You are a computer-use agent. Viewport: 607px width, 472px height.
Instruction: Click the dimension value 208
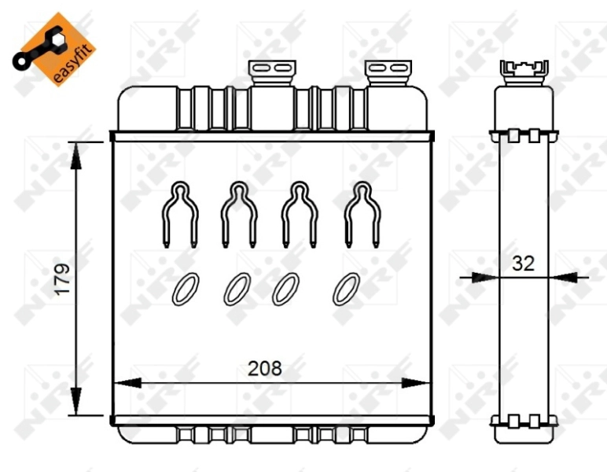click(265, 367)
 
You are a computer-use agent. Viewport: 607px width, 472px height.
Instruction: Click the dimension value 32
click(523, 264)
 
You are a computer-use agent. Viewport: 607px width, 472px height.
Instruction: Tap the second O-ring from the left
click(237, 289)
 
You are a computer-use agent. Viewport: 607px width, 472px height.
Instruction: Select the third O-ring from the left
click(285, 289)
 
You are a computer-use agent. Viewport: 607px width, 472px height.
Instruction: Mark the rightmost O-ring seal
click(346, 289)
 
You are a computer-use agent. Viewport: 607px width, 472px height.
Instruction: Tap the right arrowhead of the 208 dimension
click(415, 383)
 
